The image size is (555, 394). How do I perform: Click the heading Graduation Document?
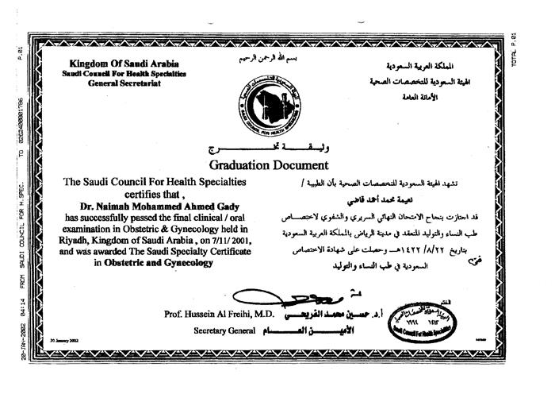[269, 165]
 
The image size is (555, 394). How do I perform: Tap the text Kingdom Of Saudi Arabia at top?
[124, 63]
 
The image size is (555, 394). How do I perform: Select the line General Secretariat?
[124, 82]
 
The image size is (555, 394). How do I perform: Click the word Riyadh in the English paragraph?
[79, 238]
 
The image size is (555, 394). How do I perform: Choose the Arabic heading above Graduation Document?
[268, 149]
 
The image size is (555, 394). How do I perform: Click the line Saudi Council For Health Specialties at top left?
[124, 72]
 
